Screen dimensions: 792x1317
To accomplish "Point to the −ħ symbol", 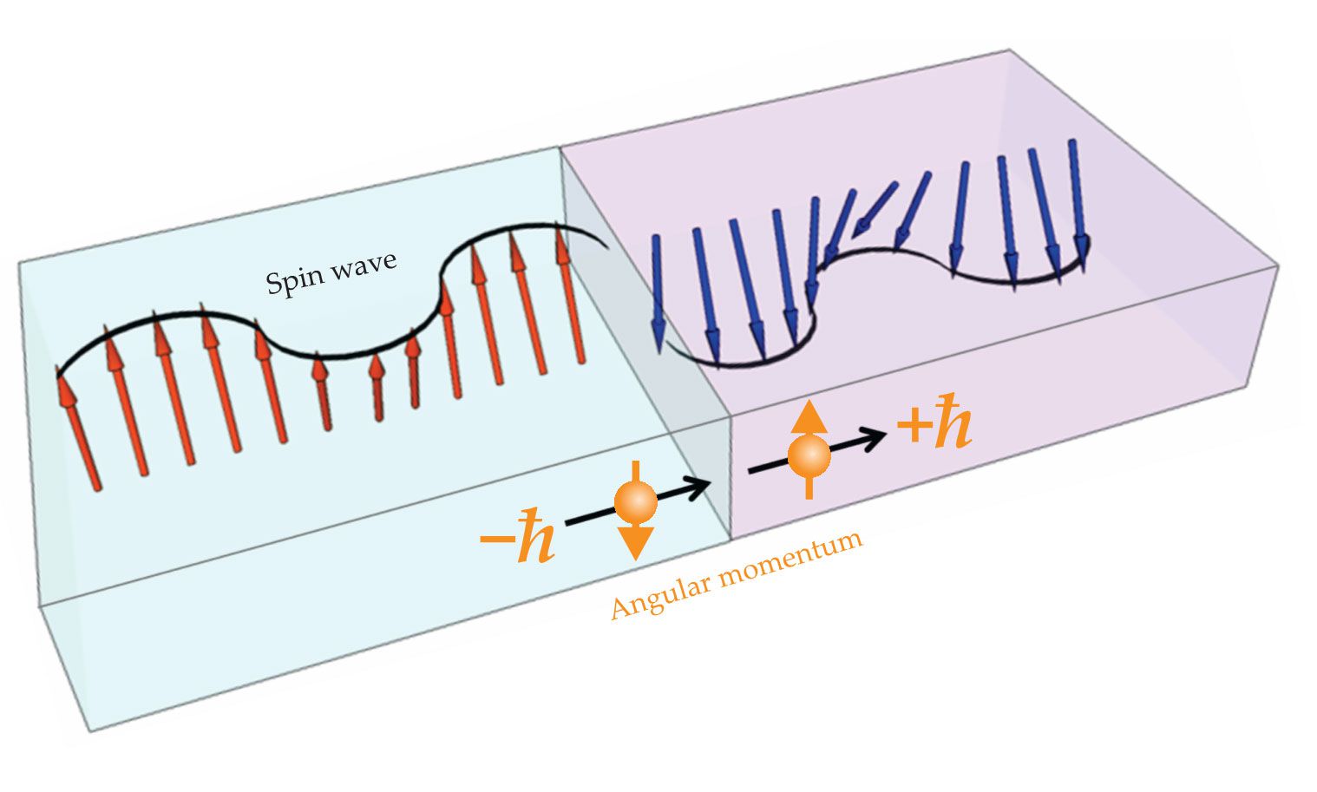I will [x=518, y=541].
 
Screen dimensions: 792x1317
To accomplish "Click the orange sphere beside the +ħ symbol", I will [x=809, y=455].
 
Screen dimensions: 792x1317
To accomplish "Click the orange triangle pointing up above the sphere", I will [x=809, y=416].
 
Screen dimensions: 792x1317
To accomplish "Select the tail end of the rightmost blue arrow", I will [x=1072, y=142].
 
